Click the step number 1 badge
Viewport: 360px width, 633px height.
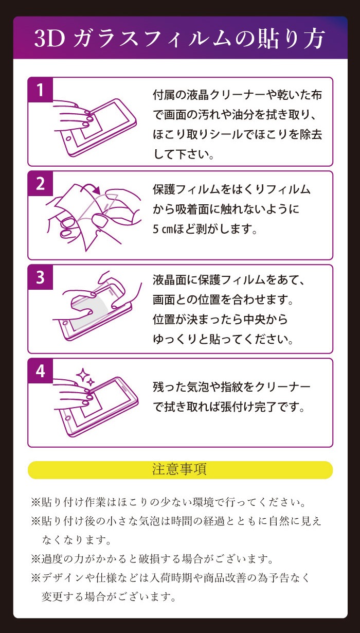tap(41, 90)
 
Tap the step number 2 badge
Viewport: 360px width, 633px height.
tap(41, 184)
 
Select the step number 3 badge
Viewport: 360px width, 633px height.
tap(41, 277)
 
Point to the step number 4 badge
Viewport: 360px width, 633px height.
tap(41, 371)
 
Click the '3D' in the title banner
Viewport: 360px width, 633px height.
tap(50, 39)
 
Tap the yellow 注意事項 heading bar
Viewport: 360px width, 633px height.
tap(180, 470)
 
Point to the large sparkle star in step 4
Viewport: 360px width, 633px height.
tap(83, 375)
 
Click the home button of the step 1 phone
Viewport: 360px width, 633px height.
tap(68, 139)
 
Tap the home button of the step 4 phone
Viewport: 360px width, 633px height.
tap(68, 418)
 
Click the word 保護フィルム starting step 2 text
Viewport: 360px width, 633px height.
tap(186, 189)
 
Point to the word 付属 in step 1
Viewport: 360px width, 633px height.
tap(164, 95)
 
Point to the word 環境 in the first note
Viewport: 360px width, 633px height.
tap(203, 502)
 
